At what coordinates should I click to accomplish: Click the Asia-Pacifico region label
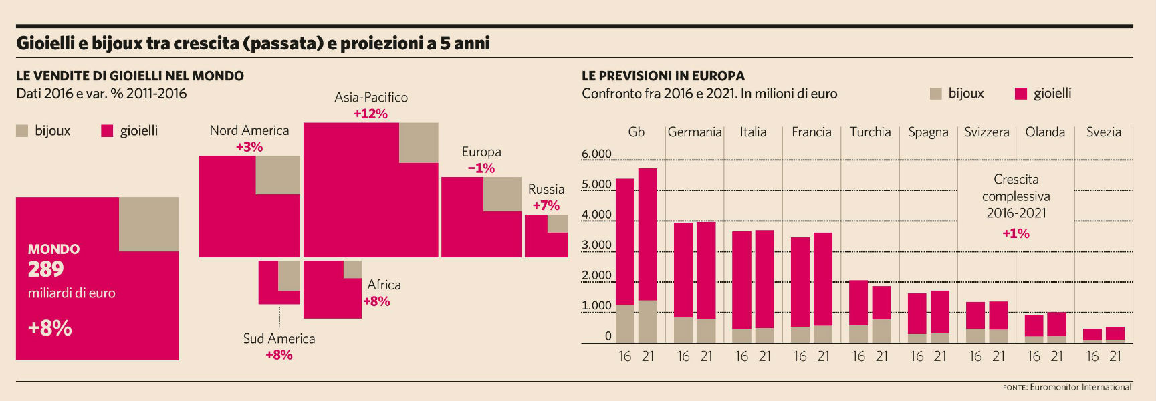click(x=371, y=97)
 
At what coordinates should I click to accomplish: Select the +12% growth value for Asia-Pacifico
click(x=371, y=114)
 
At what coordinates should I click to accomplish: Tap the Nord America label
click(x=249, y=130)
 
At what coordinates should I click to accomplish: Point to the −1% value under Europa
click(x=481, y=168)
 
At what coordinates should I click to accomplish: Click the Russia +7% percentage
click(x=546, y=205)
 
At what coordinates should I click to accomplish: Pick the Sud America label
click(x=279, y=338)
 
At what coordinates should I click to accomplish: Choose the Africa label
click(x=384, y=285)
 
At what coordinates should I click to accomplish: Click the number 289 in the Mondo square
click(x=46, y=269)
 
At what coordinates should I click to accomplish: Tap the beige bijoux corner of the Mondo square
click(x=148, y=224)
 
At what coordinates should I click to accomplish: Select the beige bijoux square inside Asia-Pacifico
click(x=419, y=142)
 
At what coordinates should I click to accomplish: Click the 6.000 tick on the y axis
click(x=596, y=154)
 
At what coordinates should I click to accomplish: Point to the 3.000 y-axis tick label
click(x=596, y=245)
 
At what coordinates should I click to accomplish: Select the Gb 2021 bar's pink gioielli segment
click(x=648, y=234)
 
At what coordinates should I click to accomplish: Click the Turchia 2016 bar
click(x=858, y=311)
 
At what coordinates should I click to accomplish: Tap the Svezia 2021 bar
click(x=1115, y=334)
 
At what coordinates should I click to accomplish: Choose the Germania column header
click(x=695, y=132)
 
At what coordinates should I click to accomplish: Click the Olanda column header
click(x=1045, y=132)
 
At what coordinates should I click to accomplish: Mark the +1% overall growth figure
click(x=1016, y=233)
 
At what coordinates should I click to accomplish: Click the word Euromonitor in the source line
click(x=1054, y=387)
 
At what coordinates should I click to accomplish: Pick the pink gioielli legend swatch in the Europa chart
click(x=1020, y=94)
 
